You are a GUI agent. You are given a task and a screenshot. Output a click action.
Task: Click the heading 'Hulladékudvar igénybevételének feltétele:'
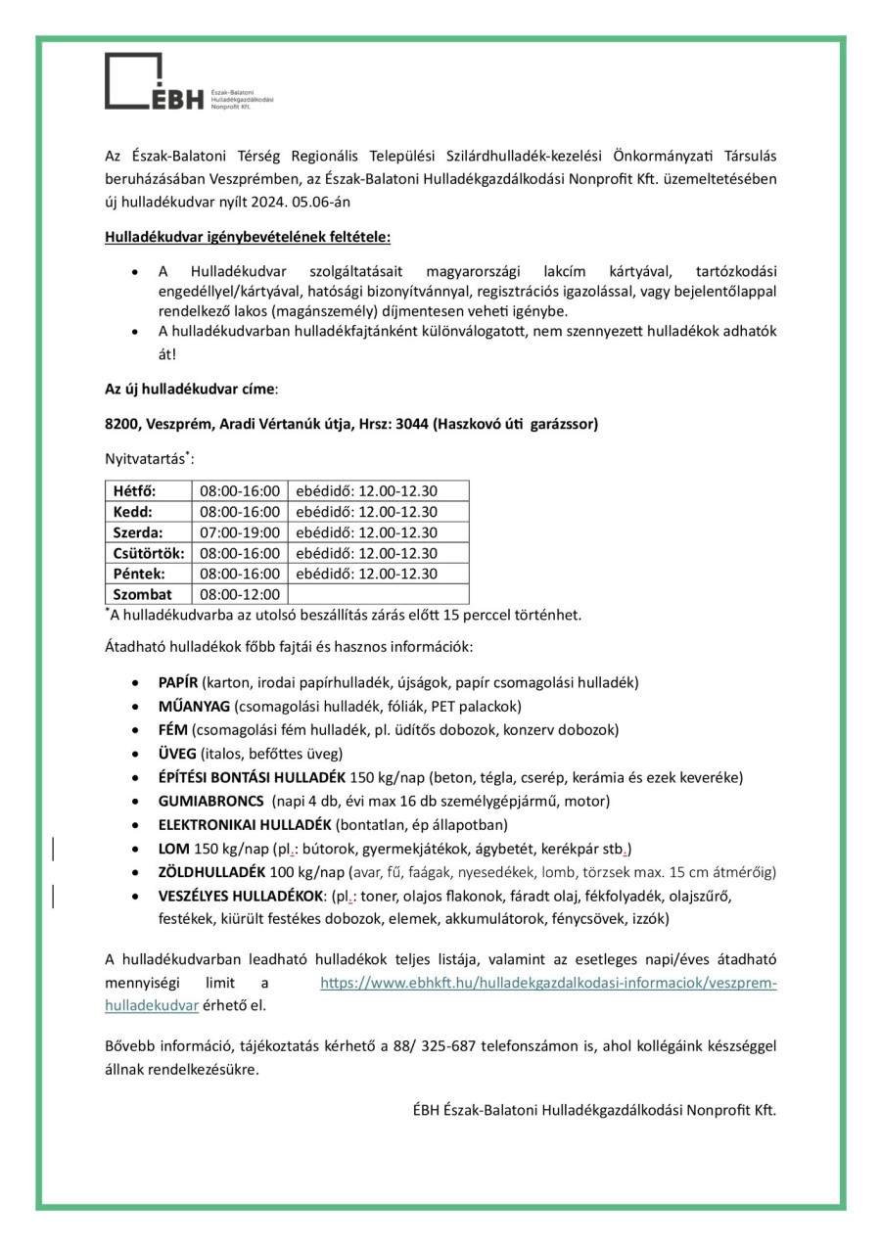(x=248, y=237)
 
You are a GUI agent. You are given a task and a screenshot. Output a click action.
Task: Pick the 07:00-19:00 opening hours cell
(x=240, y=532)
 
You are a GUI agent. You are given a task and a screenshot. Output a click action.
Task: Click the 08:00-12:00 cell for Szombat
(x=240, y=594)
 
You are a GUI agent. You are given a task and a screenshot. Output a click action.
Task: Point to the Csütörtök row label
(x=148, y=553)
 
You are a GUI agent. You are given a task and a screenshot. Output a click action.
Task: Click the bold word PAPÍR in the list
(x=178, y=682)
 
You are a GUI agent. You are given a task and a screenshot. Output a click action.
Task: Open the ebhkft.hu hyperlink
(x=548, y=982)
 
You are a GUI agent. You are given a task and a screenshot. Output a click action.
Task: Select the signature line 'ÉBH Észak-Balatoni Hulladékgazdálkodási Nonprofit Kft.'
(x=594, y=1110)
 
